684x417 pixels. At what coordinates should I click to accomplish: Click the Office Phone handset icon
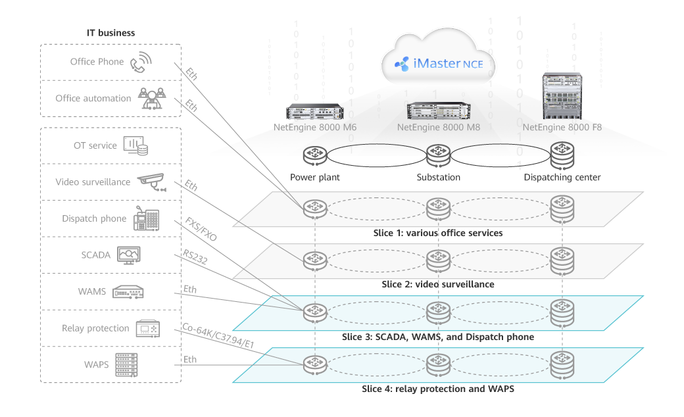click(140, 62)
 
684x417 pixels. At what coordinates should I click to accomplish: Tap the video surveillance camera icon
click(151, 182)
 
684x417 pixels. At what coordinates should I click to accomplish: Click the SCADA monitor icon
click(128, 255)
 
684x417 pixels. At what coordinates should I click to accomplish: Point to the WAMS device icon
click(128, 291)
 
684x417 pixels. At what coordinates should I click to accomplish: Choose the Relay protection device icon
click(147, 328)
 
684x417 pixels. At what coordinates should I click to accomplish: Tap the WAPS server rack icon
click(127, 364)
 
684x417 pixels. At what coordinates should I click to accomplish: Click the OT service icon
click(136, 145)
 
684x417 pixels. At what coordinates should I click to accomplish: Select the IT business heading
click(110, 32)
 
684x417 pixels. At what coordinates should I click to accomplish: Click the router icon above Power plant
click(314, 157)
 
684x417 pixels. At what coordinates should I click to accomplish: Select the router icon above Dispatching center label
click(562, 156)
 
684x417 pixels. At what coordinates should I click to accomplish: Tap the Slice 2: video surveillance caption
click(437, 284)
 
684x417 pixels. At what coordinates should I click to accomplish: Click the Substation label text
click(438, 178)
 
